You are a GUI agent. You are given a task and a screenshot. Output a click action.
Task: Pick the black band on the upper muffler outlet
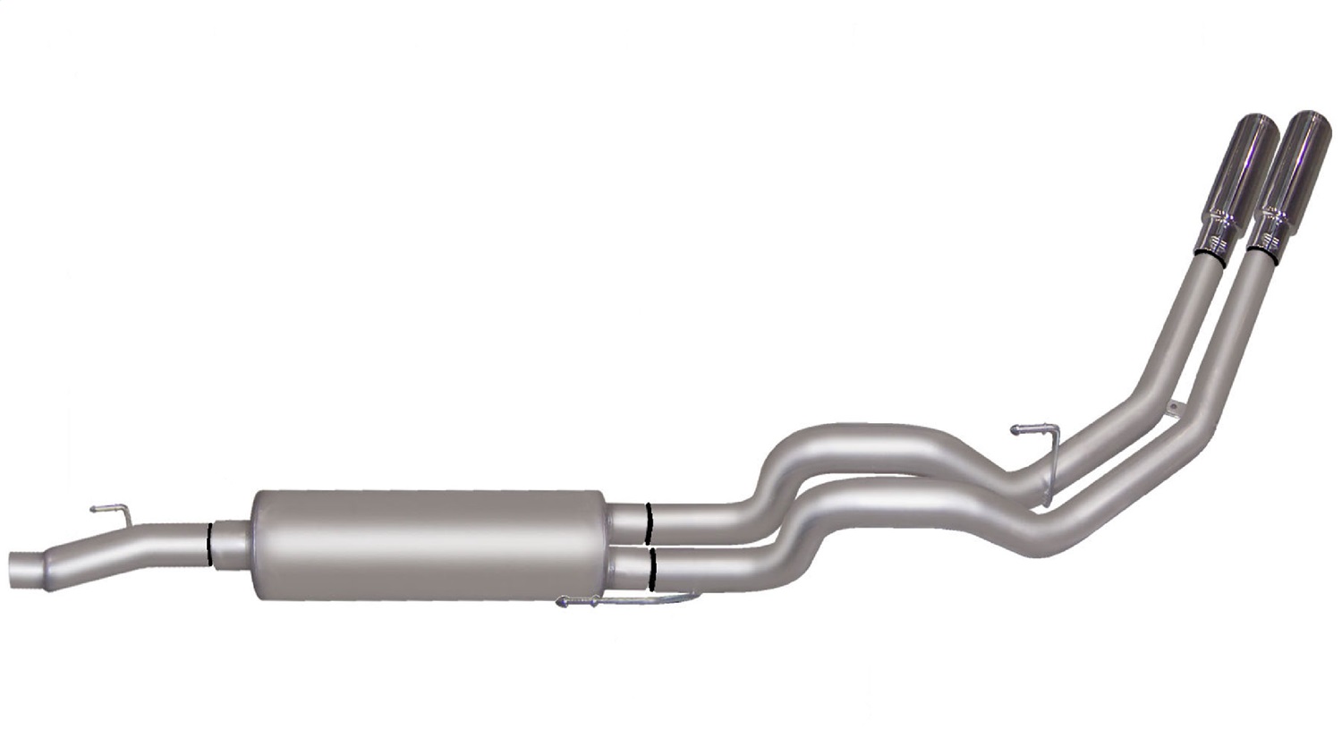pyautogui.click(x=647, y=522)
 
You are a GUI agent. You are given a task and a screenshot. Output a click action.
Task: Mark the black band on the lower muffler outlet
pyautogui.click(x=654, y=570)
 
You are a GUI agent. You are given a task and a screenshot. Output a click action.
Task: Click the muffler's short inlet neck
pyautogui.click(x=232, y=542)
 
